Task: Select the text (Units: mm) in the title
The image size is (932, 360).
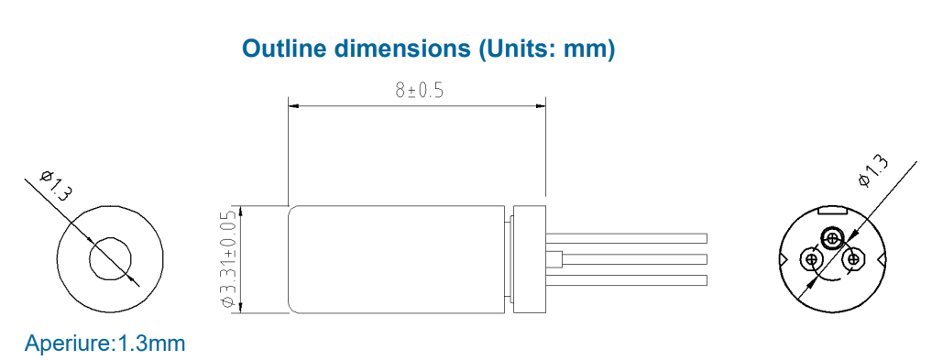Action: pos(545,49)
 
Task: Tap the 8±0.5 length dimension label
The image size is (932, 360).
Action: pos(420,91)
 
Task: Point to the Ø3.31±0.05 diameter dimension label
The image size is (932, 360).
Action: pos(229,259)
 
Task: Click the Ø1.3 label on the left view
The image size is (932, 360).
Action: pos(56,185)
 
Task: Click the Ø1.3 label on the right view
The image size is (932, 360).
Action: pos(873,171)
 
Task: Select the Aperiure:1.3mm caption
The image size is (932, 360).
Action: pos(105,344)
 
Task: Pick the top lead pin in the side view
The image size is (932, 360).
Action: pos(627,238)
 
